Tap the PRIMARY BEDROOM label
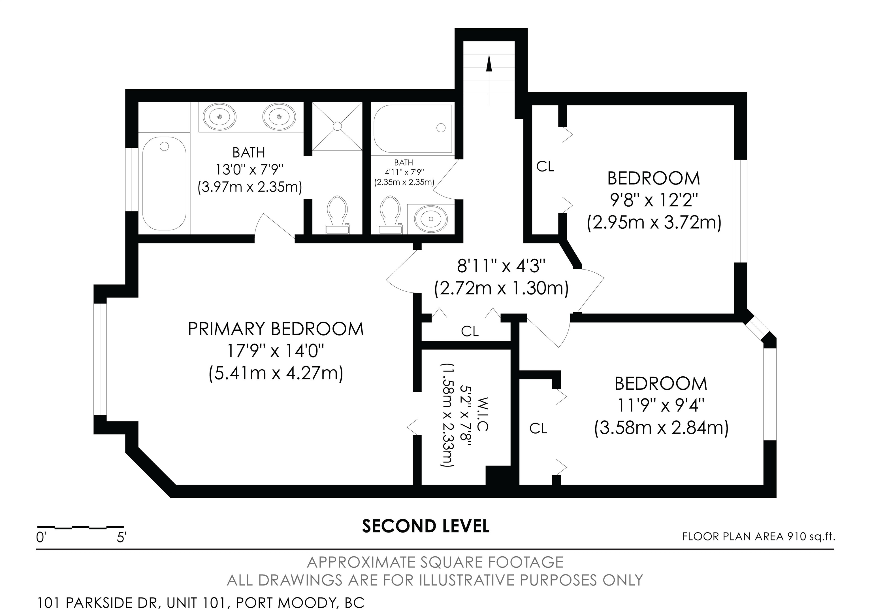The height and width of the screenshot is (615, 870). pyautogui.click(x=276, y=329)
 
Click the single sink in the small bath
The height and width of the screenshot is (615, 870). pyautogui.click(x=431, y=219)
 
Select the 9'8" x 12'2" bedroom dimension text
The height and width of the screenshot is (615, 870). pyautogui.click(x=654, y=200)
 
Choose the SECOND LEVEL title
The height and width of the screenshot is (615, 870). pyautogui.click(x=426, y=526)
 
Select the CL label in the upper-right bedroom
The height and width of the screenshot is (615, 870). pyautogui.click(x=545, y=166)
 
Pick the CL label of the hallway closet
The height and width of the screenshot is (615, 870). pyautogui.click(x=470, y=331)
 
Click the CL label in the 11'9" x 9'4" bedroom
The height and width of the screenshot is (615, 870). pyautogui.click(x=538, y=429)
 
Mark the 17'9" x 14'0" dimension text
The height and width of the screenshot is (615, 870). pyautogui.click(x=276, y=351)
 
